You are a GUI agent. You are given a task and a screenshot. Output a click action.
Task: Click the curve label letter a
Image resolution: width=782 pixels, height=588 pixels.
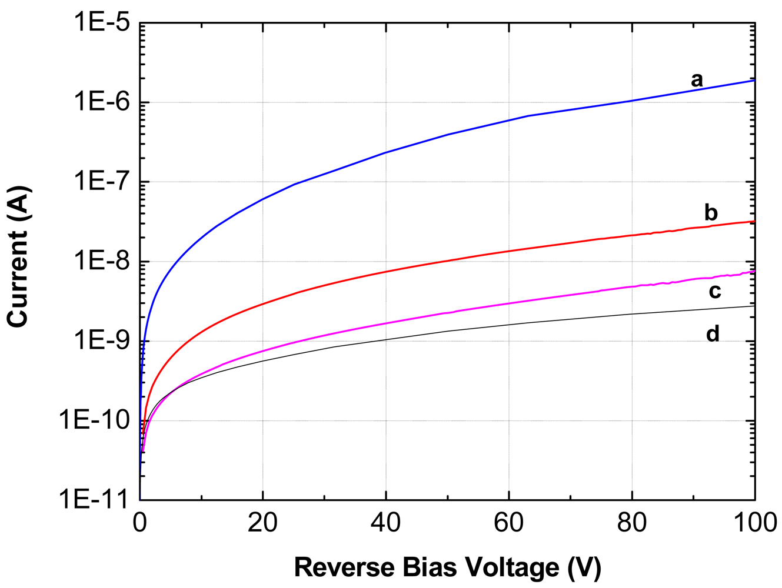tap(697, 80)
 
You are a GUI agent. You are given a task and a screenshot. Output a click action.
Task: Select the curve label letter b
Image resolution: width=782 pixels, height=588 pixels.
tap(711, 212)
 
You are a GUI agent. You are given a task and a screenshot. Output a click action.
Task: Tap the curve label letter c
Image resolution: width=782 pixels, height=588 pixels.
tap(714, 291)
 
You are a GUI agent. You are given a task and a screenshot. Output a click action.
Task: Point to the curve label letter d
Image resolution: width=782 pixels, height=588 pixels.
tap(713, 334)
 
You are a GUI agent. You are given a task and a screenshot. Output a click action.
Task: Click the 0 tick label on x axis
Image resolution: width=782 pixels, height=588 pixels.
tap(139, 522)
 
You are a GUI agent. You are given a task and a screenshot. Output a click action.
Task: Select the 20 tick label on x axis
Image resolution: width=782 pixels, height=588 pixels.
tap(262, 522)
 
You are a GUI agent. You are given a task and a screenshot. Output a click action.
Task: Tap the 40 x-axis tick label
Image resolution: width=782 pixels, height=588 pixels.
tap(385, 522)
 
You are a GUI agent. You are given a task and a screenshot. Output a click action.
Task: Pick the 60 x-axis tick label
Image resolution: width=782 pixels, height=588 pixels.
tap(508, 522)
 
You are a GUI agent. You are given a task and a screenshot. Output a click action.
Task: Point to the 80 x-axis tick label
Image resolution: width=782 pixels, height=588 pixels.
tap(631, 522)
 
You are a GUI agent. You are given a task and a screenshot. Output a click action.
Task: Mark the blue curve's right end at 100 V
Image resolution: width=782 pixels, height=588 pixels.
tap(754, 81)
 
